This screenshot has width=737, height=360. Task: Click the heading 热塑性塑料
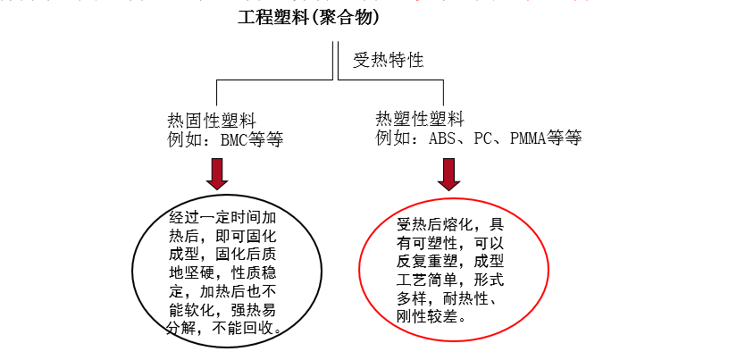point(420,120)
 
